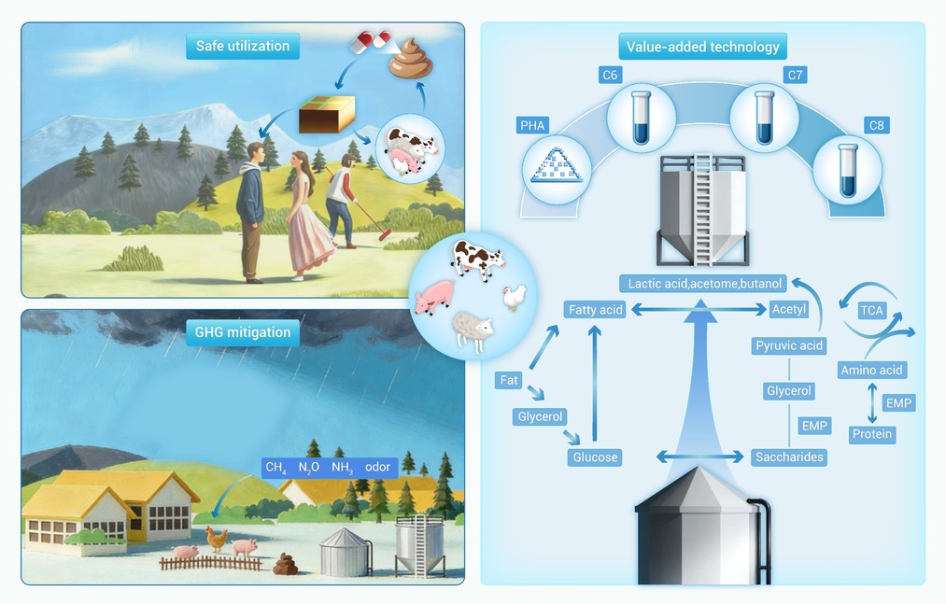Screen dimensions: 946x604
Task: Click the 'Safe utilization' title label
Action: pyautogui.click(x=243, y=46)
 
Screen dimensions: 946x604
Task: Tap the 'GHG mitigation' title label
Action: pyautogui.click(x=243, y=332)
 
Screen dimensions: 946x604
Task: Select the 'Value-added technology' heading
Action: pyautogui.click(x=703, y=47)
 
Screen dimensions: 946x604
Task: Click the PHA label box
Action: pyautogui.click(x=532, y=125)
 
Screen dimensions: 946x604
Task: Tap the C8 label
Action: pyautogui.click(x=876, y=125)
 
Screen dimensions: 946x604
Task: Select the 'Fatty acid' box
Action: pyautogui.click(x=596, y=310)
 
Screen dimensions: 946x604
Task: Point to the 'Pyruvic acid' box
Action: pyautogui.click(x=789, y=345)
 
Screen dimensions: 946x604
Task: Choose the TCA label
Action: pyautogui.click(x=871, y=310)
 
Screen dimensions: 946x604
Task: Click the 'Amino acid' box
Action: pyautogui.click(x=872, y=370)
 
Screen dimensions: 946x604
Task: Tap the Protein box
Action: pyautogui.click(x=872, y=434)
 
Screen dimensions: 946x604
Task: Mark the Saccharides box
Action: pyautogui.click(x=789, y=457)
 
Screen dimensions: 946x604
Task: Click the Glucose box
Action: pyautogui.click(x=595, y=457)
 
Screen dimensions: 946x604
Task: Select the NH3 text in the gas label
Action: pyautogui.click(x=342, y=468)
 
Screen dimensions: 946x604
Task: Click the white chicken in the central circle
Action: pyautogui.click(x=515, y=297)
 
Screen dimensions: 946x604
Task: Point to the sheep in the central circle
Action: pyautogui.click(x=473, y=330)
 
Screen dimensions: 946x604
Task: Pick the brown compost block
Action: pyautogui.click(x=327, y=114)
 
